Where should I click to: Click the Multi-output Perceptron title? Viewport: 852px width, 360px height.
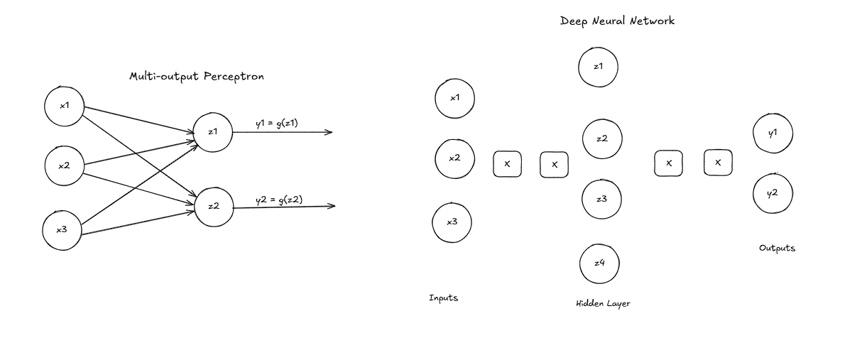197,77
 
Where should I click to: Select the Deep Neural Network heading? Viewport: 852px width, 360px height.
617,21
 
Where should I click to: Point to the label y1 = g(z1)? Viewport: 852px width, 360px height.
277,124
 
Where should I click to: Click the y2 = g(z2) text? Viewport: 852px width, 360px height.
279,200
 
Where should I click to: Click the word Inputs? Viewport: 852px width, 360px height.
444,298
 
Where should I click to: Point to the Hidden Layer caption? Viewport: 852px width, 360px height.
603,304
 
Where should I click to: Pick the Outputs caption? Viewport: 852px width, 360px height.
777,248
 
